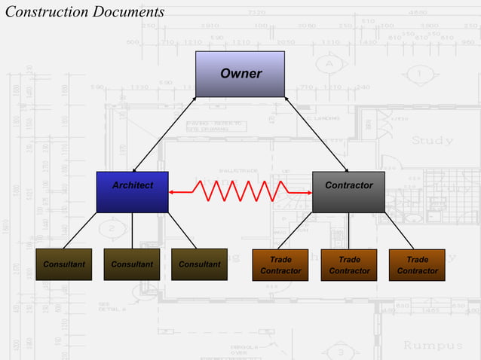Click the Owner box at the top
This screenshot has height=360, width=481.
pyautogui.click(x=240, y=74)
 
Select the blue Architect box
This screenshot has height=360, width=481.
pyautogui.click(x=132, y=192)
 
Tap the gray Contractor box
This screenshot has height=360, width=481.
pyautogui.click(x=348, y=192)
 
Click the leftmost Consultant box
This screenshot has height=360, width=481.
pyautogui.click(x=63, y=264)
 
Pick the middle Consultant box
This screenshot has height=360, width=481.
pyautogui.click(x=131, y=264)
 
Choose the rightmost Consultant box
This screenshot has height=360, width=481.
pyautogui.click(x=199, y=264)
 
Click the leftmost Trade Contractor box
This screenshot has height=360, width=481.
pyautogui.click(x=280, y=265)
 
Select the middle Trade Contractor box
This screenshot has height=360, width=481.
pyautogui.click(x=348, y=265)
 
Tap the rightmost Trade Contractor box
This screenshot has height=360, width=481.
pyautogui.click(x=417, y=265)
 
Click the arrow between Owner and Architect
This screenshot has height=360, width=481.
pyautogui.click(x=164, y=134)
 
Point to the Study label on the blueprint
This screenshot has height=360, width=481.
pyautogui.click(x=432, y=140)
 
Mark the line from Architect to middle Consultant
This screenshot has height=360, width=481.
pyautogui.click(x=132, y=230)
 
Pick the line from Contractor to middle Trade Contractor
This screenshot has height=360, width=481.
pyautogui.click(x=348, y=230)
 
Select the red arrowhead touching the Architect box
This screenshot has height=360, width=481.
pyautogui.click(x=173, y=193)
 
